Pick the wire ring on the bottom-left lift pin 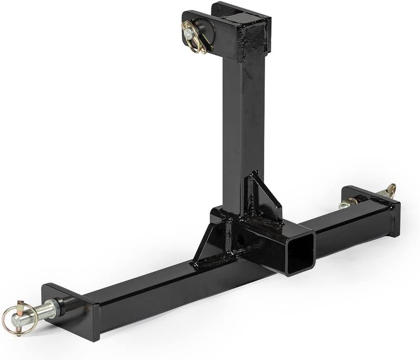point(18,318)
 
